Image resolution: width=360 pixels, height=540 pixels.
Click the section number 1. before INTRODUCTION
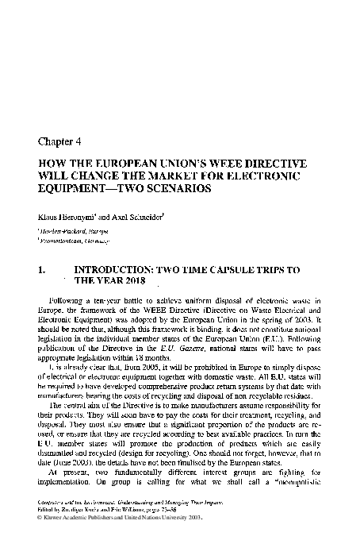click(x=42, y=270)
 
